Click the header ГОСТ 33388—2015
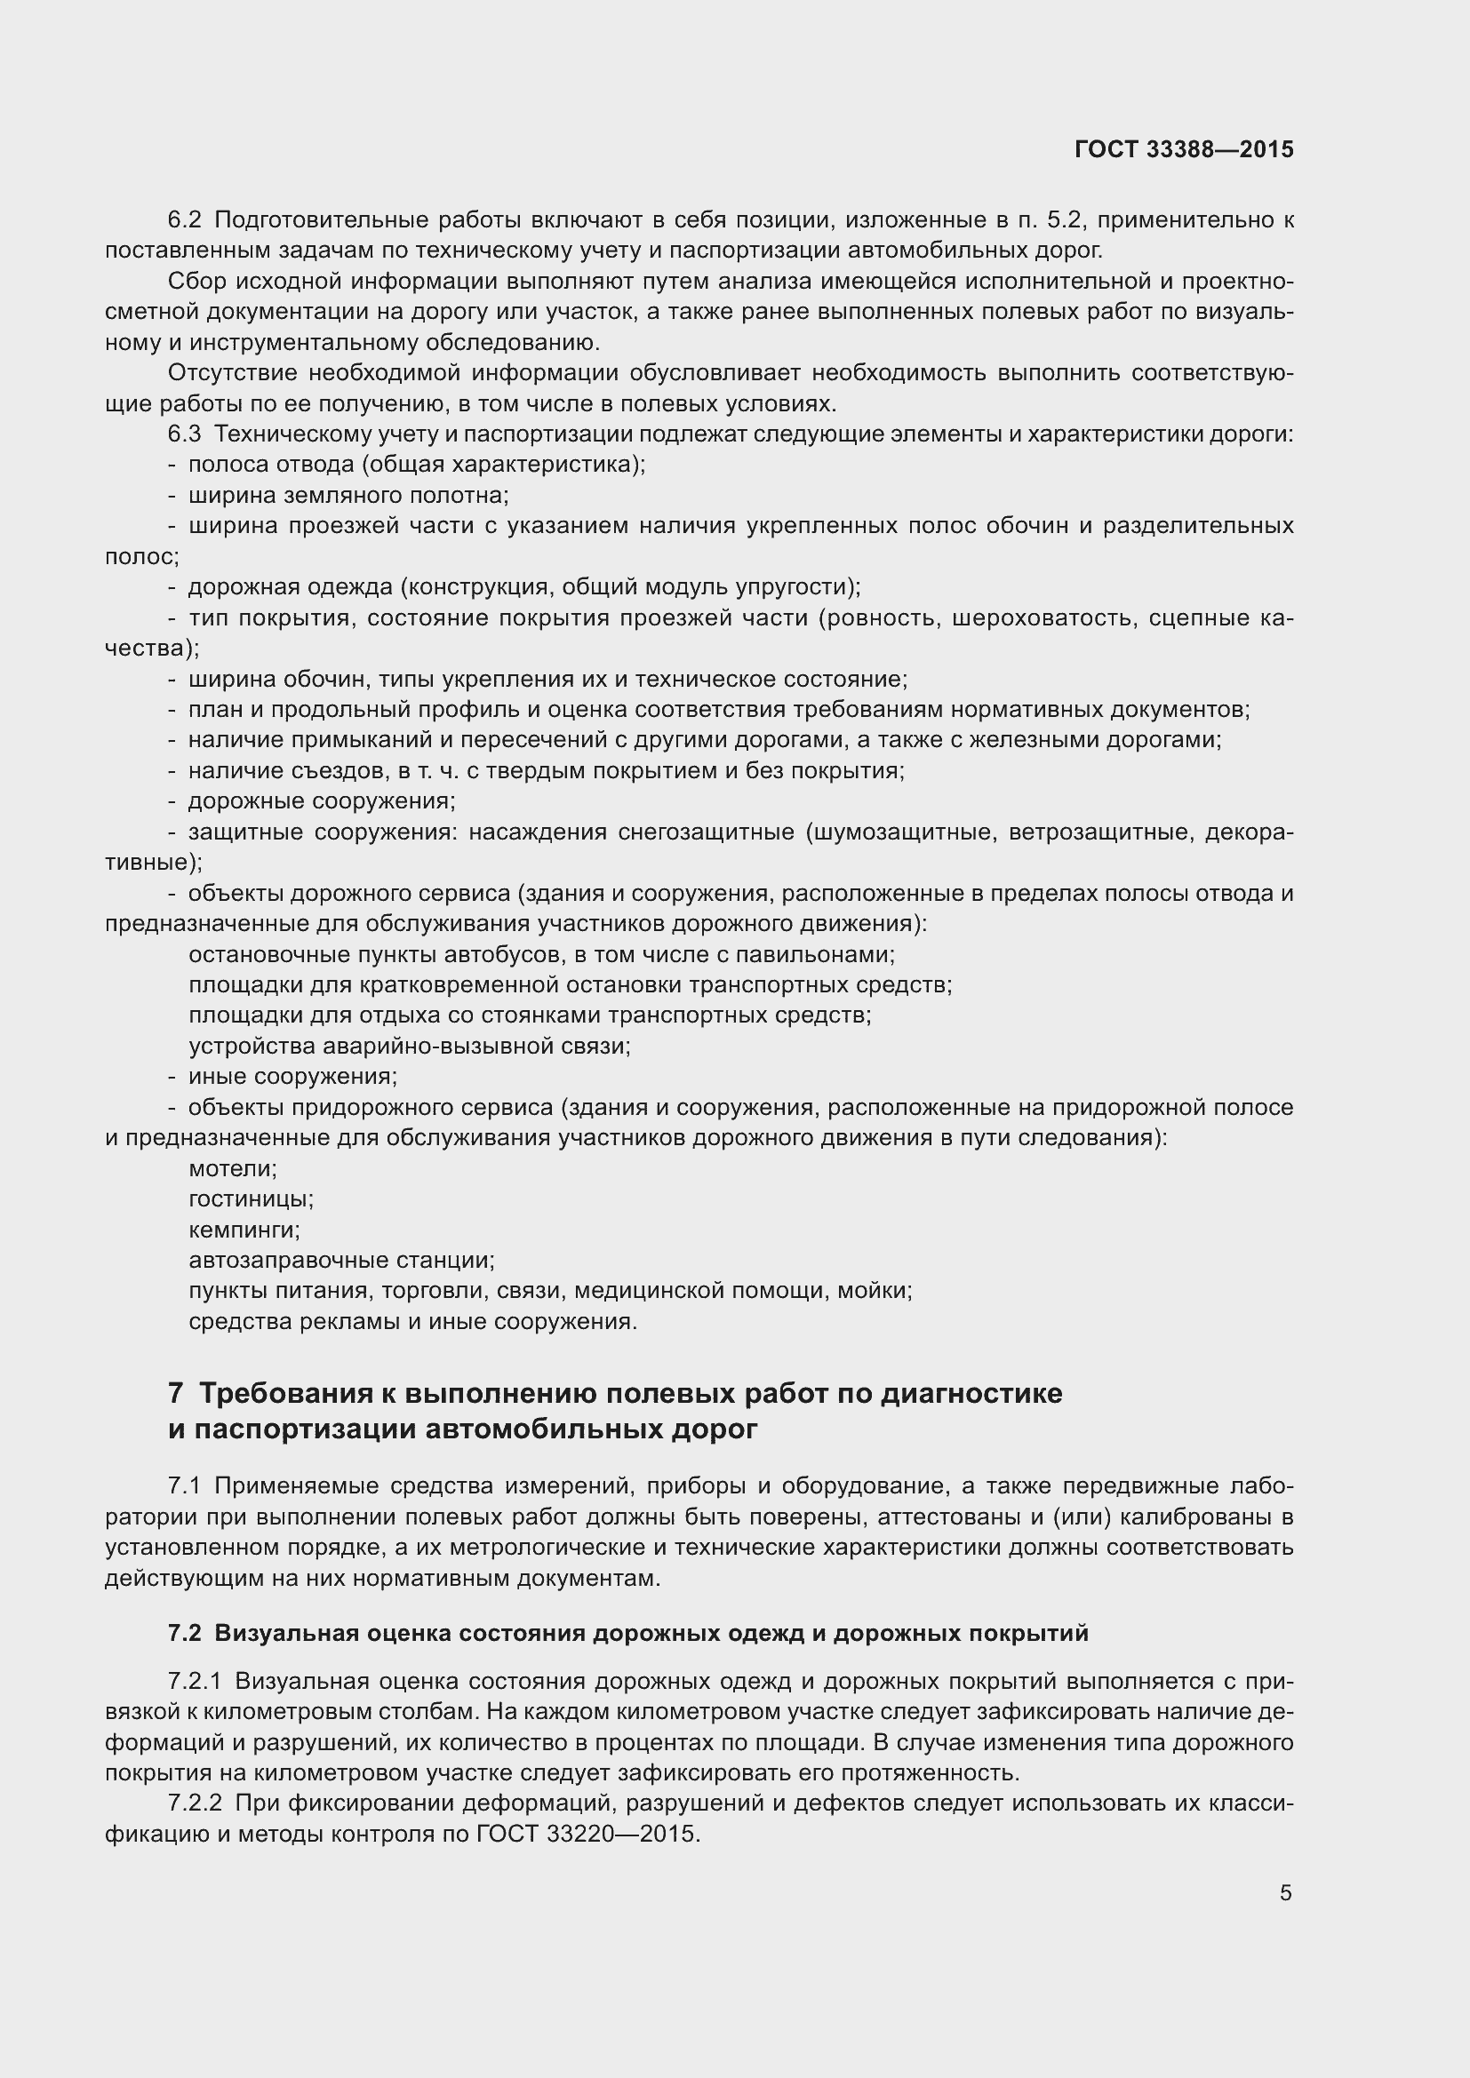[x=1184, y=149]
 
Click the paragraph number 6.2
[x=185, y=220]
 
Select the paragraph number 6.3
[x=185, y=434]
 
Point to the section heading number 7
[x=176, y=1393]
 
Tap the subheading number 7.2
[x=185, y=1634]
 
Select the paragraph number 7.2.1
[x=195, y=1682]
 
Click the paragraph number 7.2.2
[x=195, y=1803]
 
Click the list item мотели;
[x=233, y=1168]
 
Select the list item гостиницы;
[x=251, y=1199]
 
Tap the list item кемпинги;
[x=244, y=1230]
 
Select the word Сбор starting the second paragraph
[x=196, y=282]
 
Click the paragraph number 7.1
[x=185, y=1486]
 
